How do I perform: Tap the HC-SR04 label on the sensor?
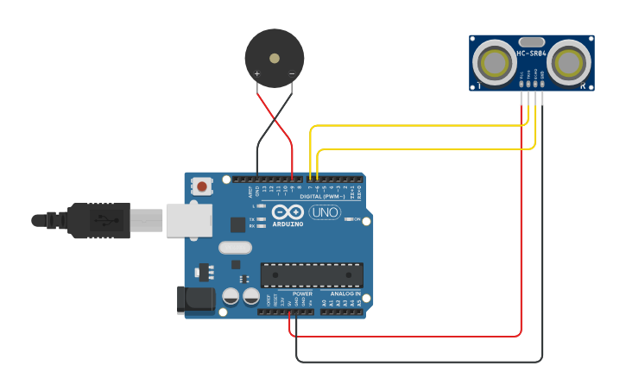pos(532,54)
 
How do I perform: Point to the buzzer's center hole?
pos(275,59)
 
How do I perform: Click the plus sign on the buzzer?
pos(257,74)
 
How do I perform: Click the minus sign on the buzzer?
pos(292,74)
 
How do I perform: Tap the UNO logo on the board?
pos(324,212)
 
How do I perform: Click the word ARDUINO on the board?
pos(288,224)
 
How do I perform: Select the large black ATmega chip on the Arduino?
pos(312,274)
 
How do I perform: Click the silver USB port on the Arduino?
pos(188,219)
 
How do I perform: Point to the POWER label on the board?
pos(302,293)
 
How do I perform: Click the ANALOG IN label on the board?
pos(345,293)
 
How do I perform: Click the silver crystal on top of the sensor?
pos(532,41)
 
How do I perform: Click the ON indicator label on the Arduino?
pos(356,219)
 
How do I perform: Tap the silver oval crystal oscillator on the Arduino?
pos(235,248)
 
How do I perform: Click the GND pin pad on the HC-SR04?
pos(542,84)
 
